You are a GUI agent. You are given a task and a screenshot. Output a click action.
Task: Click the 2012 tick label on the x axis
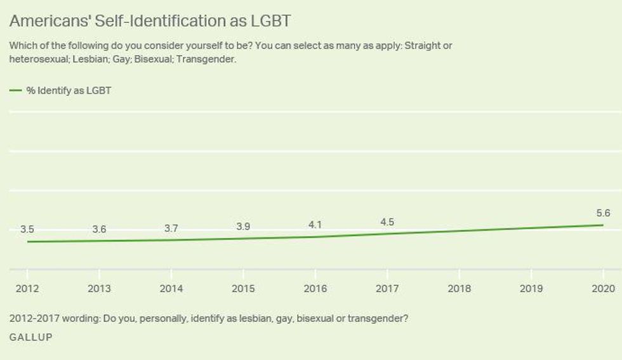click(27, 288)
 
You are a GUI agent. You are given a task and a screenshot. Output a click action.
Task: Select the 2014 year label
click(171, 288)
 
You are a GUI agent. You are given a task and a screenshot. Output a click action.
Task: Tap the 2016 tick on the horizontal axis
click(315, 288)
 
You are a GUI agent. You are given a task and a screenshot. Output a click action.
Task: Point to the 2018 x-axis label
click(460, 288)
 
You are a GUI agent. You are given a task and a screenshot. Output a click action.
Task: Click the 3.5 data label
click(27, 229)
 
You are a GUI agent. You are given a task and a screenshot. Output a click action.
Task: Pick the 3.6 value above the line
click(99, 229)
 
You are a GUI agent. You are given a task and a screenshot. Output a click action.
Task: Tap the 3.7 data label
click(171, 228)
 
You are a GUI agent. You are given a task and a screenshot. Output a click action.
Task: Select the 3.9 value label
click(243, 226)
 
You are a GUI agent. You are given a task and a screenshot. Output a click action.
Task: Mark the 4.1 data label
click(315, 224)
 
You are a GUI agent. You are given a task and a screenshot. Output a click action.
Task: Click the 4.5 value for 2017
click(387, 221)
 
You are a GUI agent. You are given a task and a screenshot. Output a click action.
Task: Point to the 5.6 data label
click(603, 213)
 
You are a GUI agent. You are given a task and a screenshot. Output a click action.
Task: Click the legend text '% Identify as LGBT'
click(69, 91)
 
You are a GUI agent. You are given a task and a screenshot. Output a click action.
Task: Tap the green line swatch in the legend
click(15, 91)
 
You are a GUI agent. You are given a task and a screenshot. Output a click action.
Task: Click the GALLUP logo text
click(30, 338)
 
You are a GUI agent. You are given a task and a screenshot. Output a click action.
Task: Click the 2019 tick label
click(531, 288)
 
